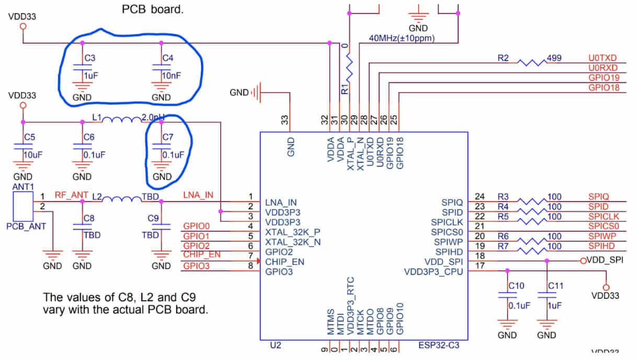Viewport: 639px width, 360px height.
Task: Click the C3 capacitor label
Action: [90, 58]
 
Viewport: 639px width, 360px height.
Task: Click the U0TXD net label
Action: [603, 58]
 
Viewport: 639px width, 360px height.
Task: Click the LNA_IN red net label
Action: [198, 195]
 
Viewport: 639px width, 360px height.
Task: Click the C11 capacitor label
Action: [556, 286]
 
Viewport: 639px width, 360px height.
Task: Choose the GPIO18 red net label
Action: [603, 88]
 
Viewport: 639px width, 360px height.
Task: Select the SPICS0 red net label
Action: [603, 227]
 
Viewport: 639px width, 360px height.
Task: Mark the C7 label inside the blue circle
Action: [168, 137]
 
